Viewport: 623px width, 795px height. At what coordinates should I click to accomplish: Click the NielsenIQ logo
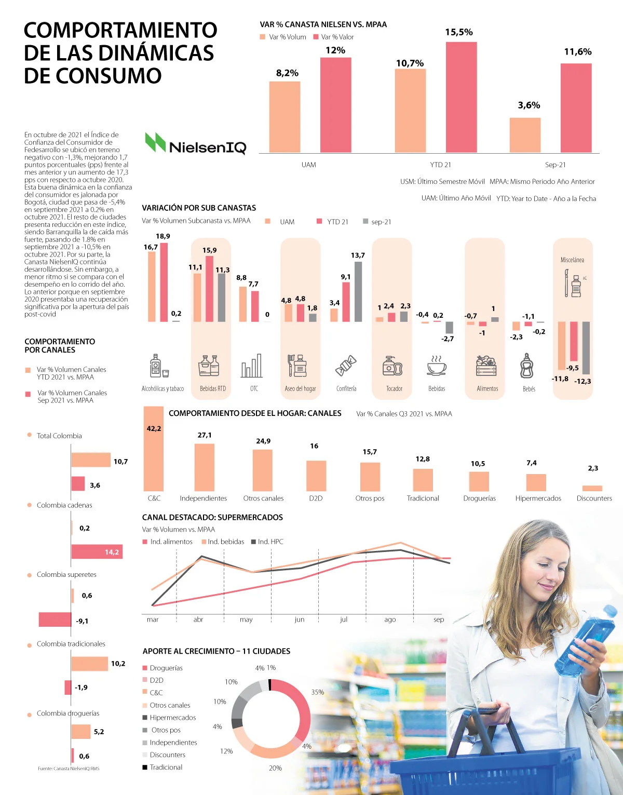pyautogui.click(x=196, y=144)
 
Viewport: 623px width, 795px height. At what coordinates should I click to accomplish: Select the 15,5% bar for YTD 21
pyautogui.click(x=461, y=97)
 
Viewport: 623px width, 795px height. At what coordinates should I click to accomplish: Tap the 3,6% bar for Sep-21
pyautogui.click(x=525, y=135)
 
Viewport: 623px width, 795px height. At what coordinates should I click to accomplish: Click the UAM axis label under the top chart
pyautogui.click(x=308, y=165)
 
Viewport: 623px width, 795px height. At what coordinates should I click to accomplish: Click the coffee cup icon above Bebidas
pyautogui.click(x=437, y=366)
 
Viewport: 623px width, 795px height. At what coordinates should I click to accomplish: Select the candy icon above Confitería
pyautogui.click(x=346, y=366)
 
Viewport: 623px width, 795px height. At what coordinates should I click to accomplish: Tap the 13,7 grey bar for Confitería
pyautogui.click(x=358, y=291)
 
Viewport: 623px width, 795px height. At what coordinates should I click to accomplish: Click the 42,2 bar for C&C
pyautogui.click(x=154, y=449)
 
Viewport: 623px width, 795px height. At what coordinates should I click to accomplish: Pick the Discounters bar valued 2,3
pyautogui.click(x=592, y=488)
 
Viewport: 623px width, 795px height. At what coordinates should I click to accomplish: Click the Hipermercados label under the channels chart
pyautogui.click(x=538, y=498)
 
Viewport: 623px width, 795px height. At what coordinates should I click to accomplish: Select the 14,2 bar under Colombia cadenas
pyautogui.click(x=97, y=551)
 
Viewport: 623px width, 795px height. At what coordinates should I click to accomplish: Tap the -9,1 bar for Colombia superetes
pyautogui.click(x=55, y=619)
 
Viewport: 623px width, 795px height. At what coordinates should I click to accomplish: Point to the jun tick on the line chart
pyautogui.click(x=300, y=619)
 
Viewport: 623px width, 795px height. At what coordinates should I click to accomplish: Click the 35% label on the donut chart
pyautogui.click(x=318, y=692)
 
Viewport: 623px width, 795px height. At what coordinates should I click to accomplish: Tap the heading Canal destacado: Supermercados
pyautogui.click(x=212, y=517)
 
